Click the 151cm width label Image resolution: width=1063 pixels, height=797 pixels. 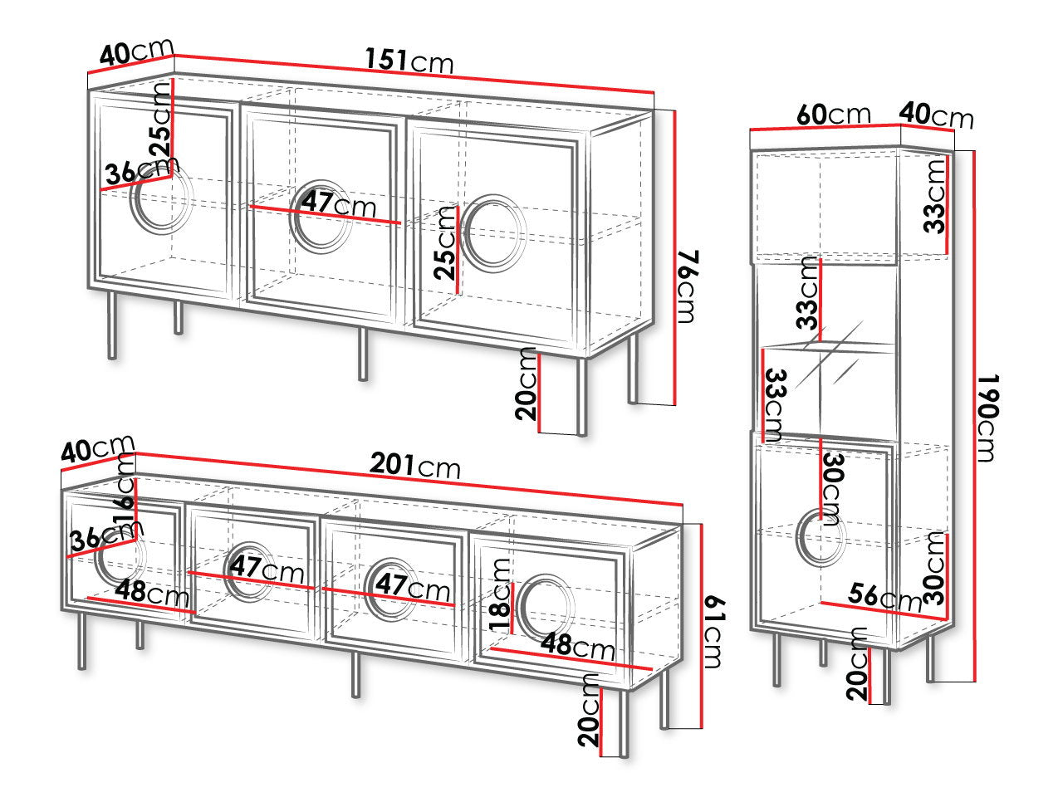coord(409,61)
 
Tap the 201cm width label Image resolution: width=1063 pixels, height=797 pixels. coord(414,466)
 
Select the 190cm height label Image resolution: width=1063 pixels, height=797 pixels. coord(988,418)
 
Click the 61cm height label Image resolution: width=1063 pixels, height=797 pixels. coord(714,633)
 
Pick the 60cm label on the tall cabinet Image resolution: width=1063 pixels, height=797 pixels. coord(834,115)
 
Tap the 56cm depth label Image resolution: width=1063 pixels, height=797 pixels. coord(884,598)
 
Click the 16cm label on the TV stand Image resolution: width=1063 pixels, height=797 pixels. coord(125,490)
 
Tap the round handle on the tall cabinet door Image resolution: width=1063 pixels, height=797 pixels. coord(821,537)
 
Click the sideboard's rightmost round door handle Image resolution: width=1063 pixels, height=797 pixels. coord(493,232)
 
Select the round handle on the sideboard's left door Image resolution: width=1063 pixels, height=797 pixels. coord(161,199)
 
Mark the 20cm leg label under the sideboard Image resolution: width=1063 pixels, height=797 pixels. coord(527,384)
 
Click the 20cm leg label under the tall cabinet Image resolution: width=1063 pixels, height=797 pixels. coord(858,664)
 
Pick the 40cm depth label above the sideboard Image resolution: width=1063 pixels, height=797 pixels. coord(136,51)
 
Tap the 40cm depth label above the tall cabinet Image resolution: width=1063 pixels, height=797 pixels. coord(936,115)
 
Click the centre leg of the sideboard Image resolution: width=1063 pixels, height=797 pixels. coord(363,354)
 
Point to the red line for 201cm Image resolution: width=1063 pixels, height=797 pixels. coord(409,479)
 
